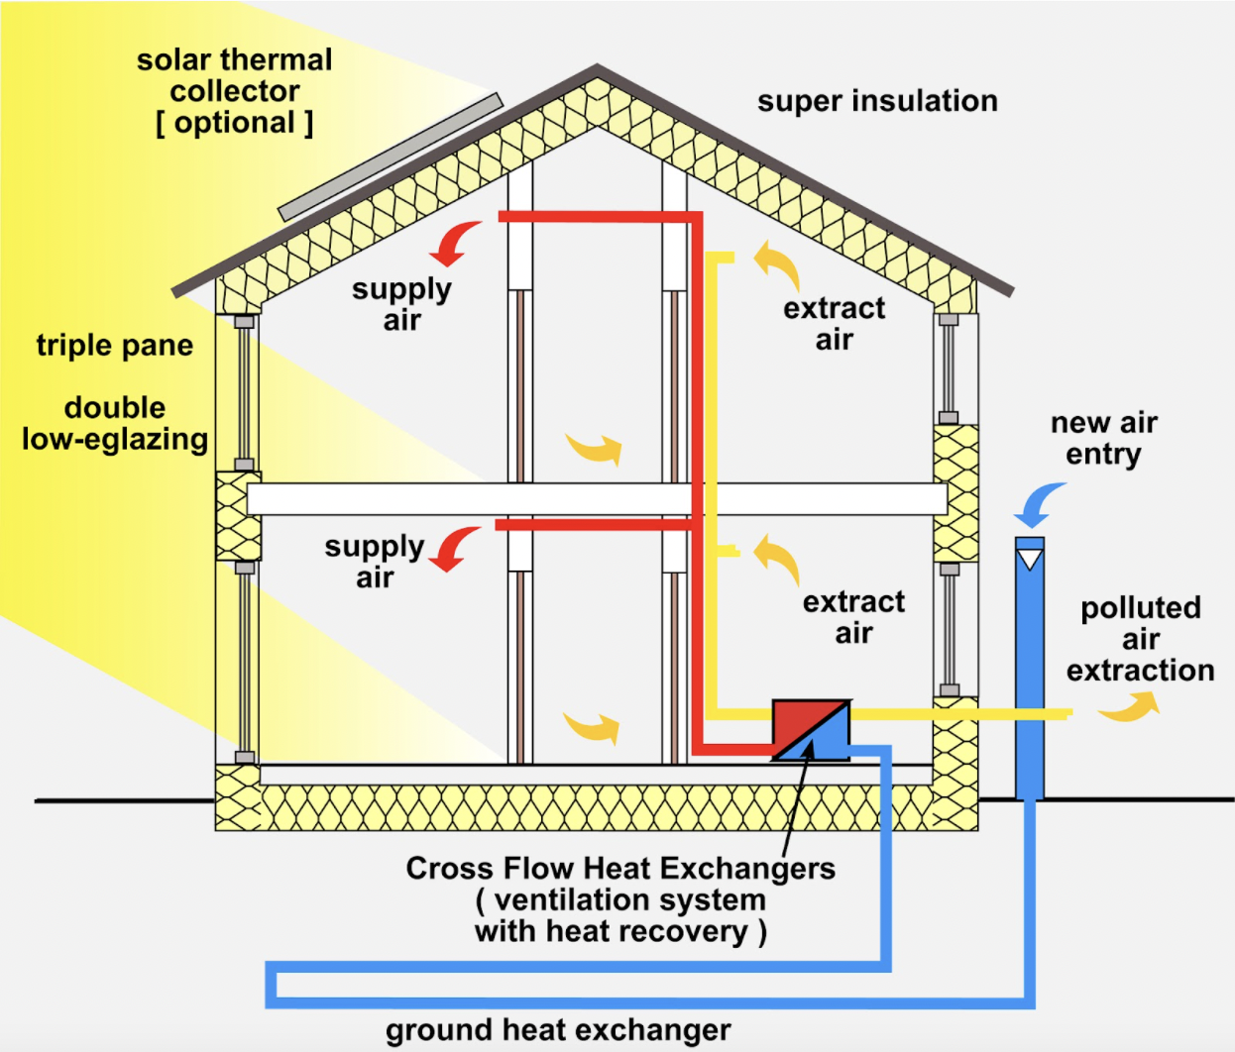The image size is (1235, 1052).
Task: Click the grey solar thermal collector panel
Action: coord(391,158)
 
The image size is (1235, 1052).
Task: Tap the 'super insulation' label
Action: coord(877,101)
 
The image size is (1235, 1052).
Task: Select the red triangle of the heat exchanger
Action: coord(799,721)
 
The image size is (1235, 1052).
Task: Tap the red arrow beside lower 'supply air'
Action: coord(455,549)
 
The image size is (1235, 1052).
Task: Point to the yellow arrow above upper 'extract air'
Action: coord(777,264)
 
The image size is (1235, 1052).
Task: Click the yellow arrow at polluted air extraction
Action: coord(1130,706)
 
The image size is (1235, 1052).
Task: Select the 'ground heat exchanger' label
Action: coord(558,1030)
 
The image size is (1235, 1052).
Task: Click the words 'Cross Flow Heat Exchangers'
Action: coord(620,869)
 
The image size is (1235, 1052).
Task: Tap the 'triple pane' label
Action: coord(115,346)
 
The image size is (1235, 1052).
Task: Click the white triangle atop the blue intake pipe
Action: coord(1031,560)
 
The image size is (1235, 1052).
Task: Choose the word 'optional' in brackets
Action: coord(235,123)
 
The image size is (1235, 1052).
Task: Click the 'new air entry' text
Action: coord(1103,438)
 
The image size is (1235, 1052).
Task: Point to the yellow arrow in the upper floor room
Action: coord(596,448)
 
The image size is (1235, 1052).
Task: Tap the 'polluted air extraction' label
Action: coord(1140,639)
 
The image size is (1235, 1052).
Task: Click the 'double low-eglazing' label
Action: coord(115,423)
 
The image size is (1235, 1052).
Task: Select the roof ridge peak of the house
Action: coord(597,69)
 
